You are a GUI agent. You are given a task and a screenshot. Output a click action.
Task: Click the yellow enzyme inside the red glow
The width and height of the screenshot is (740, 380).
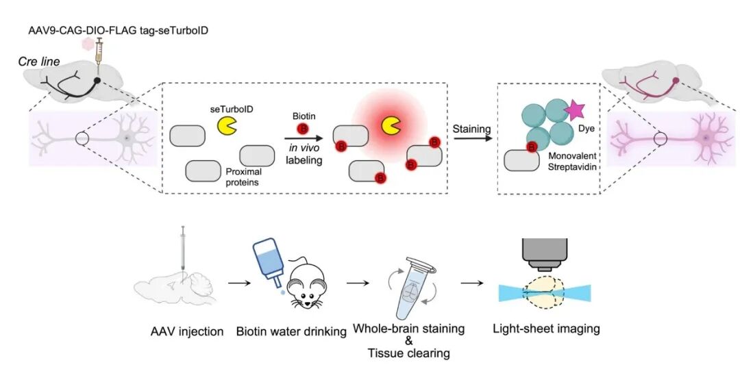[391, 125]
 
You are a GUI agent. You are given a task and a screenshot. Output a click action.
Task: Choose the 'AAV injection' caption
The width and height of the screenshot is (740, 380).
[187, 331]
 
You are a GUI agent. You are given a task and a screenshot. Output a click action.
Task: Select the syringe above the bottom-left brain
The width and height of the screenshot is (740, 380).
[183, 250]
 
